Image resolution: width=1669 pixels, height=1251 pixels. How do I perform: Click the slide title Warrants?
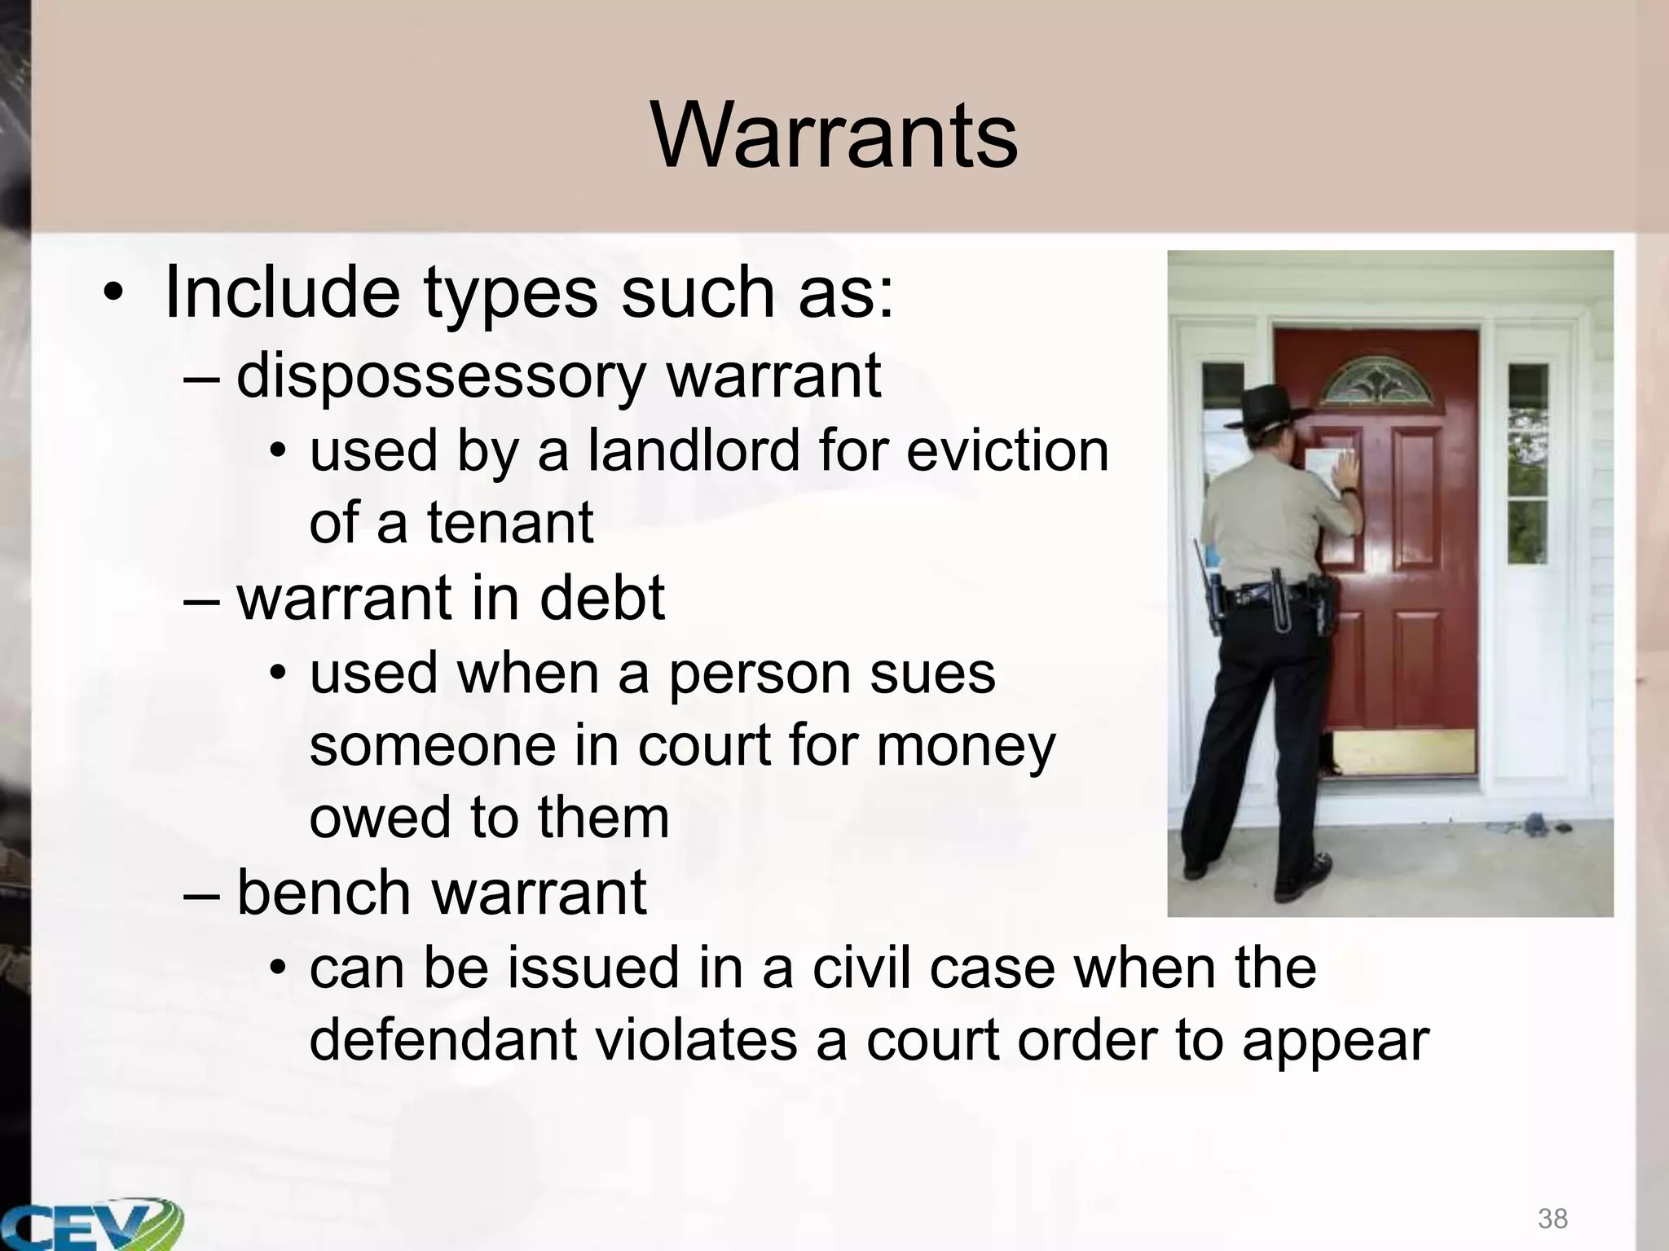pyautogui.click(x=834, y=136)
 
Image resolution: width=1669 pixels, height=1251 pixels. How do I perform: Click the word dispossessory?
pyautogui.click(x=440, y=376)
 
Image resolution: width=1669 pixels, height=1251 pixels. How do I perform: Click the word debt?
pyautogui.click(x=601, y=598)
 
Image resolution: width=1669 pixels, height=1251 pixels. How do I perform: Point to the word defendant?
pyautogui.click(x=443, y=1041)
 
